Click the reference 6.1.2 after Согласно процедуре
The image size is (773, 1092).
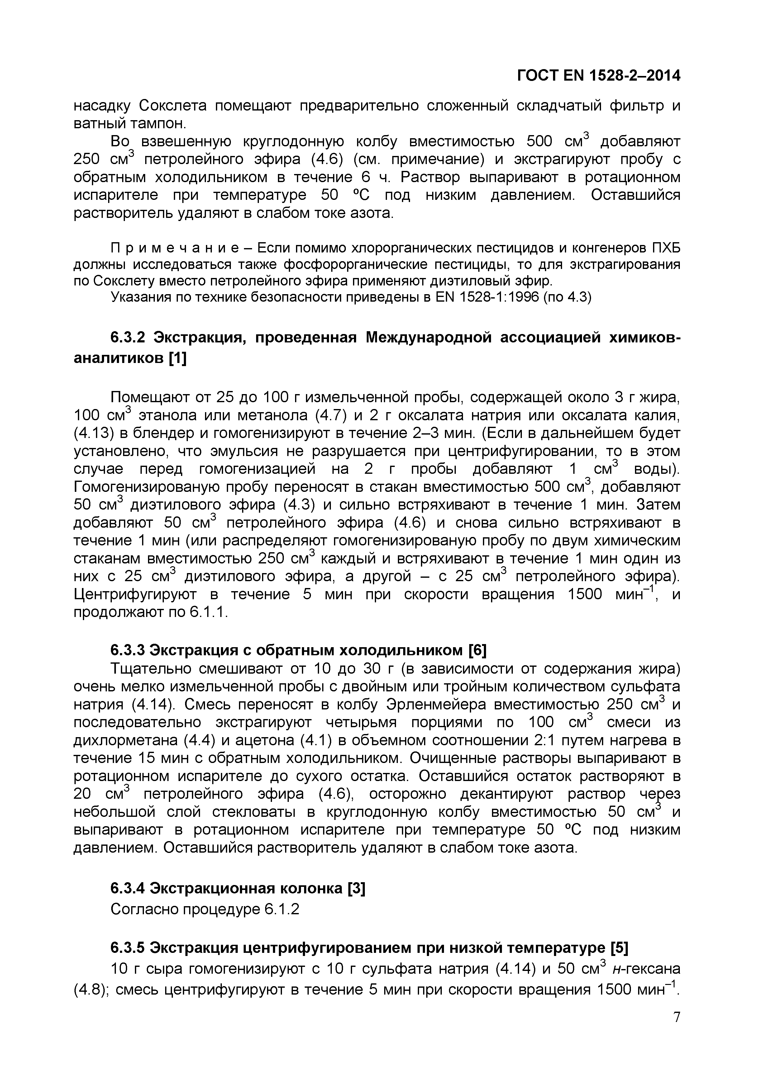click(282, 909)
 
